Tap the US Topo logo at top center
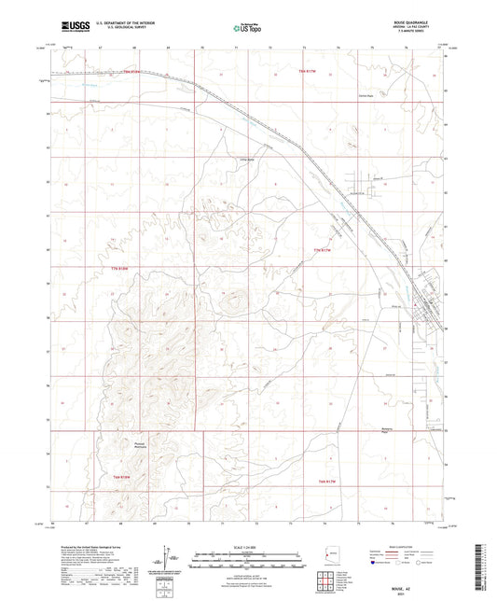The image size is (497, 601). point(245,29)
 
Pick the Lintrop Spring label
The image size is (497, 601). point(237,160)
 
